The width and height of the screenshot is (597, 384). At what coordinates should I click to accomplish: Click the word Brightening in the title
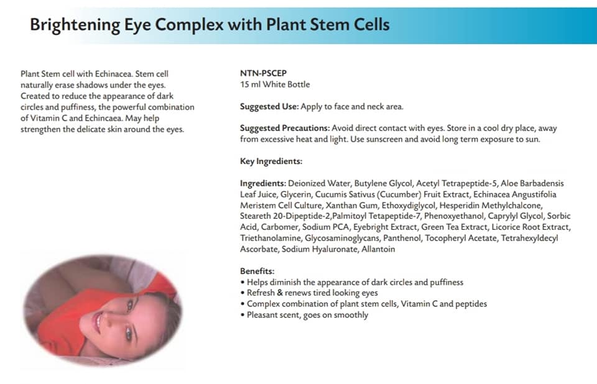[x=75, y=25]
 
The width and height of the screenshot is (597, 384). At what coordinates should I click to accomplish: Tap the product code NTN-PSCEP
[x=263, y=73]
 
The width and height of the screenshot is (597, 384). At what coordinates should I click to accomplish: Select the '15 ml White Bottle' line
[x=275, y=85]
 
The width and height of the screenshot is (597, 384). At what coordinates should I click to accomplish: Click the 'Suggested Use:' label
[x=269, y=107]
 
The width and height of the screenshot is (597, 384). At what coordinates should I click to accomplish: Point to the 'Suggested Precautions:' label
[x=285, y=129]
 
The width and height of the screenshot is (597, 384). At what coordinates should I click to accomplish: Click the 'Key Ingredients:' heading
[x=271, y=162]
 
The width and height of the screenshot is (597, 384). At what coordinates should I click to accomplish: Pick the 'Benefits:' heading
[x=257, y=272]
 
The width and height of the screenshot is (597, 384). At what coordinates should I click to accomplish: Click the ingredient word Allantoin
[x=378, y=249]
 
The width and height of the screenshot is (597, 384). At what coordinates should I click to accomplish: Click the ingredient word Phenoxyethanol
[x=454, y=216]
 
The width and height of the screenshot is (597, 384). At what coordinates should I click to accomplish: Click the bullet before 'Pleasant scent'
[x=243, y=315]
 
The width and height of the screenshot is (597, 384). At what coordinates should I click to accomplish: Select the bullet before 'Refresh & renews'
[x=243, y=293]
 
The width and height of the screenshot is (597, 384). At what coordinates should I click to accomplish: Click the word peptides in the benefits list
[x=471, y=304]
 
